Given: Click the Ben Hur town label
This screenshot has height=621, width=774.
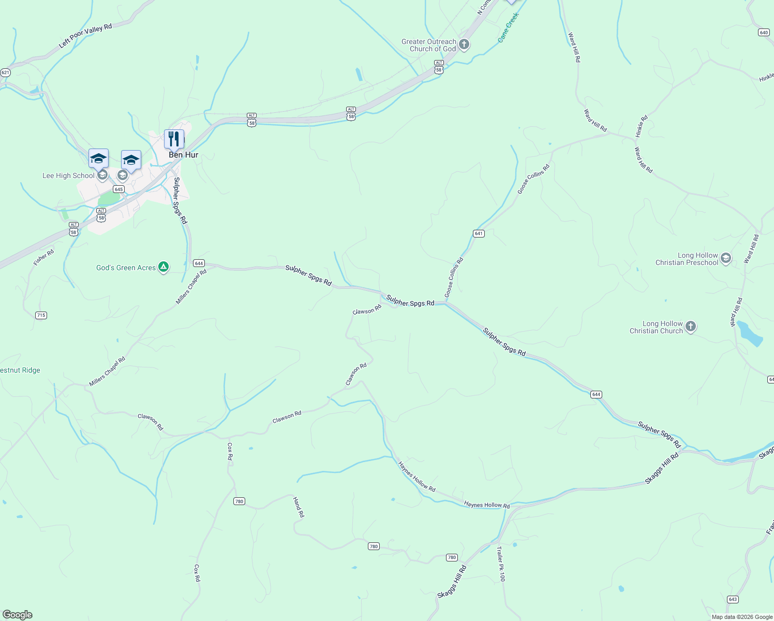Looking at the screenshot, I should (x=183, y=155).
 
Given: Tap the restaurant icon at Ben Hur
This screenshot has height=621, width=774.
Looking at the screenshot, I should (x=174, y=139).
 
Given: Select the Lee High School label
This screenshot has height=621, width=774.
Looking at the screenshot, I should (x=68, y=176).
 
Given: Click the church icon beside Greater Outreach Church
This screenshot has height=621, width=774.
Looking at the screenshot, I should (x=464, y=45).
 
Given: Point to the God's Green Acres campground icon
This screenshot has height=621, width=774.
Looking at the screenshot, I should (x=163, y=268).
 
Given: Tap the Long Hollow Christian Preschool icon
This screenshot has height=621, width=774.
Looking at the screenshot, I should (x=726, y=258).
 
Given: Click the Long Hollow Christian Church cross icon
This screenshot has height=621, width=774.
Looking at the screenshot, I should (x=691, y=327).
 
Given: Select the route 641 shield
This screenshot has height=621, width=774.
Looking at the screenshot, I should (x=479, y=234).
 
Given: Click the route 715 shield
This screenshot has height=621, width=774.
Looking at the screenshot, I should (x=41, y=315).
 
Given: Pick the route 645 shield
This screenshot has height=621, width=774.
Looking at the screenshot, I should (x=119, y=189).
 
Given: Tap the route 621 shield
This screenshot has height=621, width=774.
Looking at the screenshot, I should (x=5, y=72).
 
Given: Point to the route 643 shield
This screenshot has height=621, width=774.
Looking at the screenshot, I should (x=733, y=599).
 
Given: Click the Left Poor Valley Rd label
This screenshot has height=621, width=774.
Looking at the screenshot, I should (x=85, y=36).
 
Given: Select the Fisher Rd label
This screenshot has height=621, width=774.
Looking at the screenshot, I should (x=43, y=258).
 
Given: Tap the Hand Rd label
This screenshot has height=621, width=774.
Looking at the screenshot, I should (x=299, y=507).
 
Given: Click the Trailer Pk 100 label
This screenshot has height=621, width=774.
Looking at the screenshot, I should (x=500, y=564).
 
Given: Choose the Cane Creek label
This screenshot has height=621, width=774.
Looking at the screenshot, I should (x=508, y=28).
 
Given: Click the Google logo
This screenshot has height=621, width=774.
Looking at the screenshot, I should (x=18, y=615).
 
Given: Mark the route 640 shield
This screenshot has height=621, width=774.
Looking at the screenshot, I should (x=764, y=32).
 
